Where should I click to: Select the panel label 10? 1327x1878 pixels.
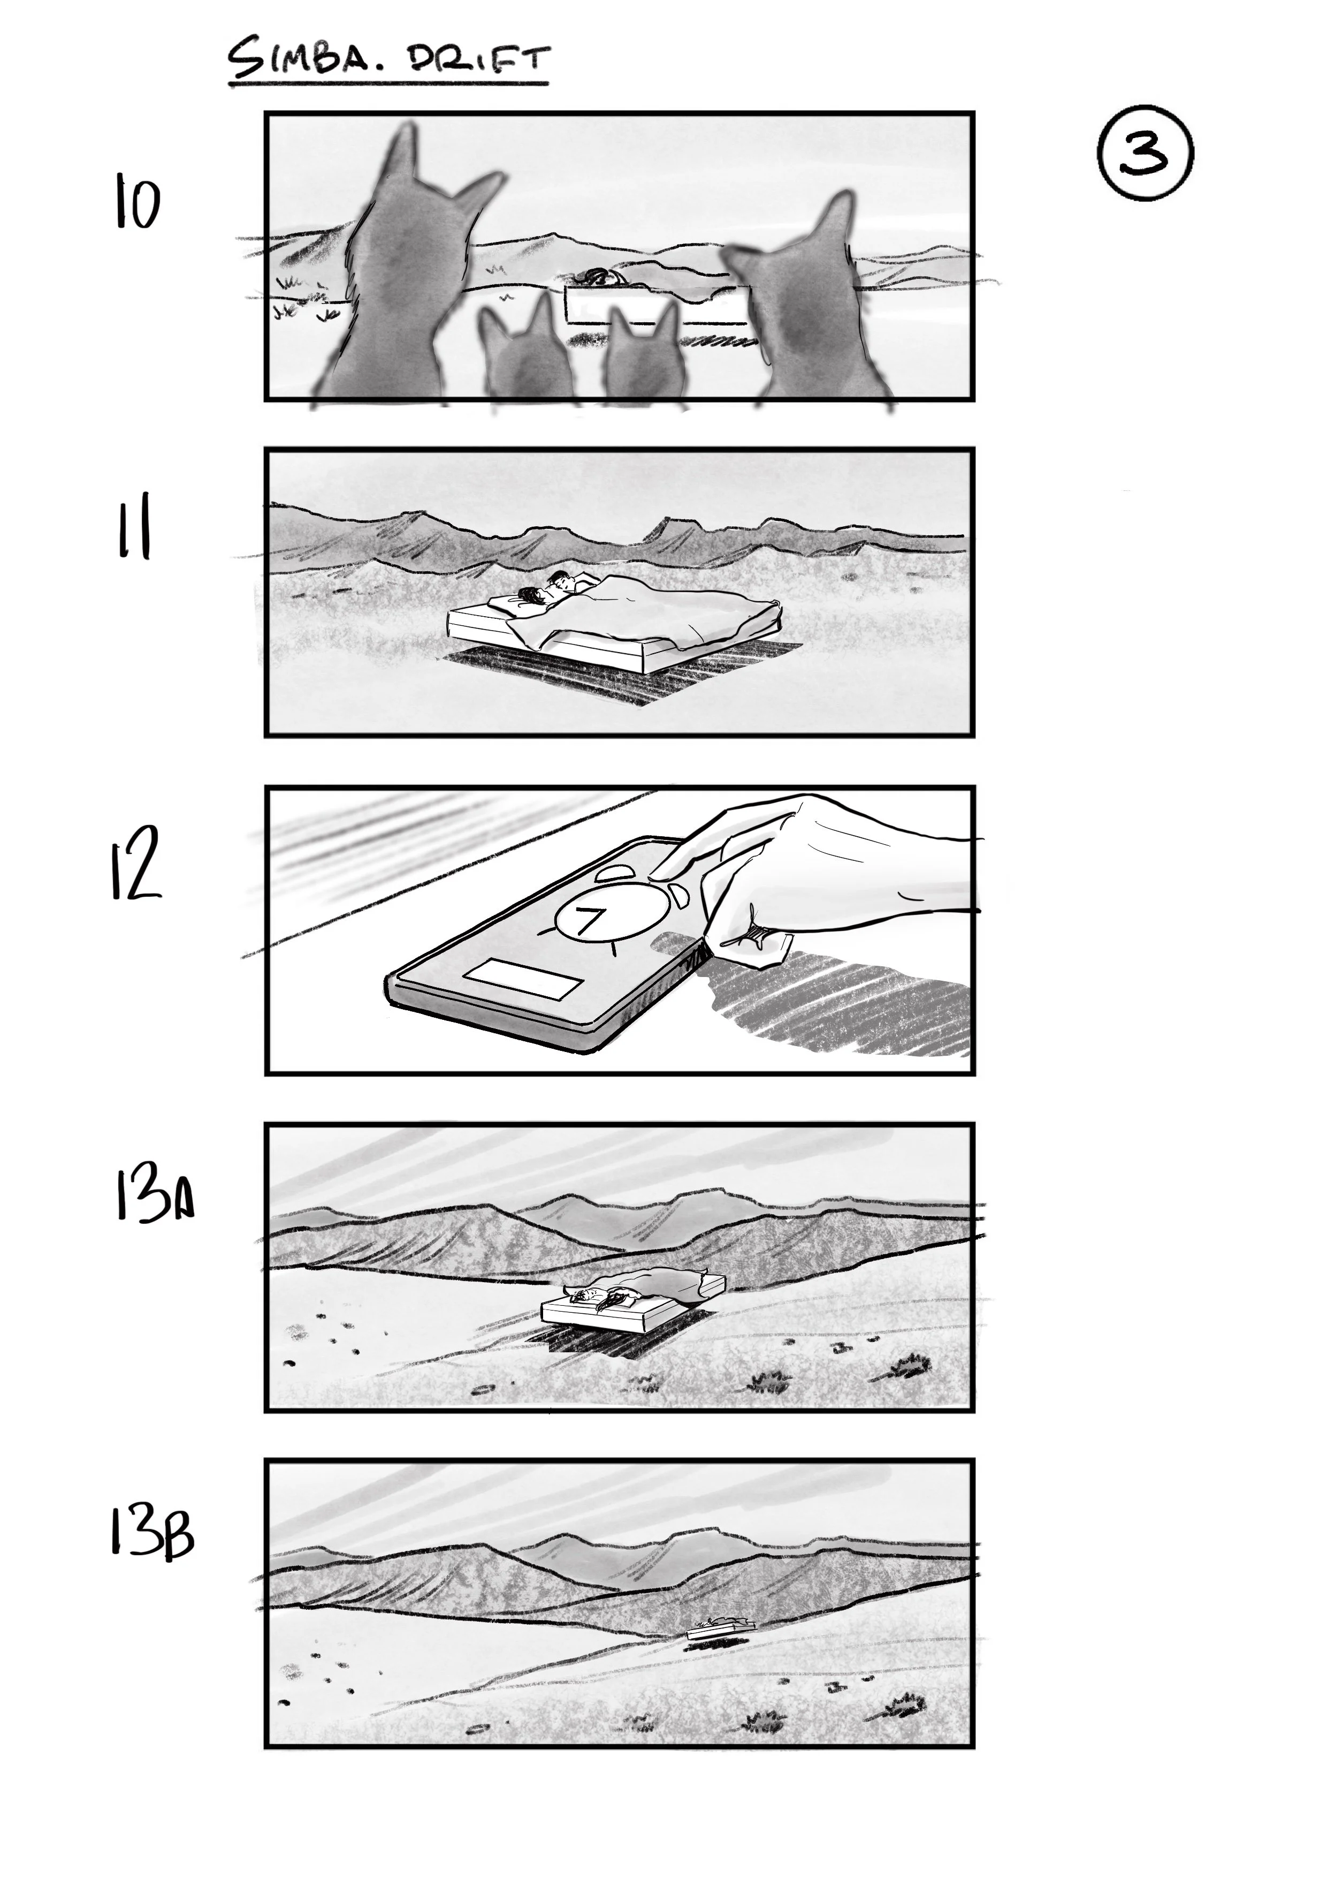pos(136,205)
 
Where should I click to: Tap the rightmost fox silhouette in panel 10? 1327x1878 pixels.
pos(805,302)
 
